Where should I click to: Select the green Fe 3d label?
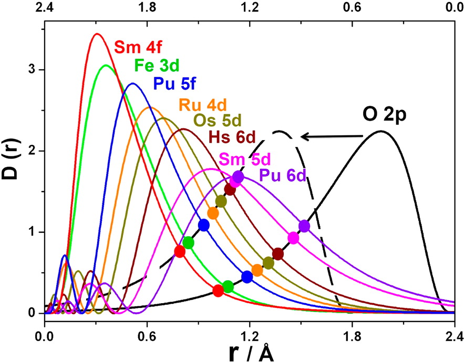(157, 66)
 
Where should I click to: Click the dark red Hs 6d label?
(232, 139)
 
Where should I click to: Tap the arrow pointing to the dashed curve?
(332, 137)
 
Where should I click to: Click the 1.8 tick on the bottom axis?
(352, 333)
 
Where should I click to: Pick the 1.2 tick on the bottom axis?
(250, 333)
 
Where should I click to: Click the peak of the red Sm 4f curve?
(97, 34)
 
